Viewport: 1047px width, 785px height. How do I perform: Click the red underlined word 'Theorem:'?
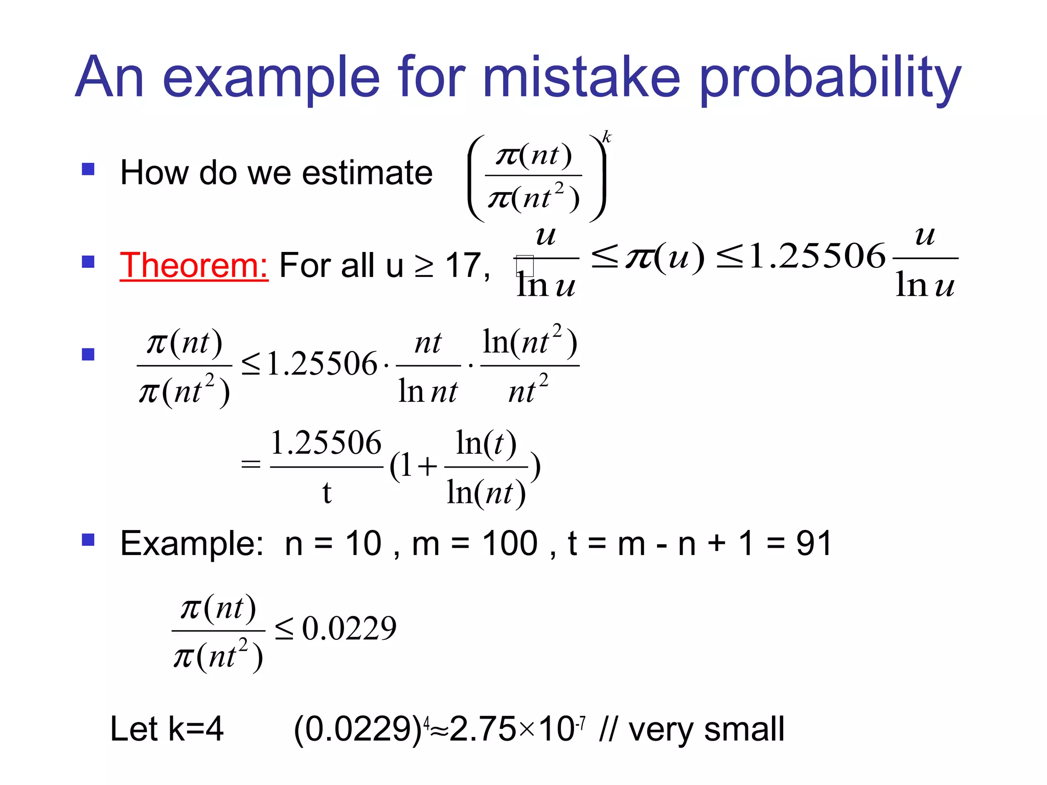194,266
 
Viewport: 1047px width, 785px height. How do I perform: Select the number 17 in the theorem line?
463,266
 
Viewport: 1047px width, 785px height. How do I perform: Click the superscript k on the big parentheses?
606,137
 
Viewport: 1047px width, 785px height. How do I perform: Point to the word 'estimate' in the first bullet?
367,173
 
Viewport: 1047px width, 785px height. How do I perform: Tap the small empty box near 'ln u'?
525,266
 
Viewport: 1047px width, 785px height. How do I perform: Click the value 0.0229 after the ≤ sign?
349,629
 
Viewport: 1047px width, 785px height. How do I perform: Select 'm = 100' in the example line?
474,543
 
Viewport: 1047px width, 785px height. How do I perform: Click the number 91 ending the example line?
814,543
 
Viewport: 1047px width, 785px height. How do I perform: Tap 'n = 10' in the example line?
333,543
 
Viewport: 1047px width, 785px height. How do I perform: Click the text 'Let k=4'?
167,729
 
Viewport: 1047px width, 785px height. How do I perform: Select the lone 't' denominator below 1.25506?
327,493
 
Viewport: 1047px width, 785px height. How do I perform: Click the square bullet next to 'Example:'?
88,540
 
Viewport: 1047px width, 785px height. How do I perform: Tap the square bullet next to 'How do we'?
88,169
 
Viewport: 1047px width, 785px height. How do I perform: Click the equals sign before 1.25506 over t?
251,465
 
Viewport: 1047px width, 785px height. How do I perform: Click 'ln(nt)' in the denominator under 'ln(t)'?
486,493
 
